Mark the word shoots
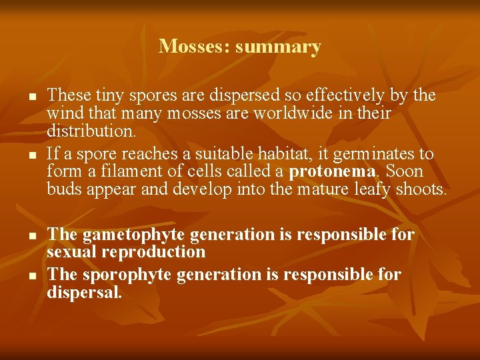pos(421,189)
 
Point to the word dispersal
pos(85,292)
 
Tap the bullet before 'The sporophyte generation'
pos(32,275)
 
